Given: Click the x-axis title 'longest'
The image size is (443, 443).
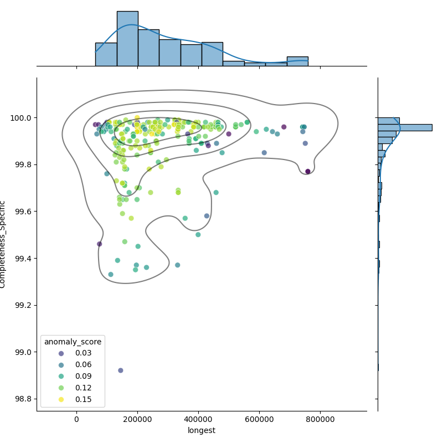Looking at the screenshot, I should (202, 430).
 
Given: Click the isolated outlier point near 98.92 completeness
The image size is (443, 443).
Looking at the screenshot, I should (121, 370).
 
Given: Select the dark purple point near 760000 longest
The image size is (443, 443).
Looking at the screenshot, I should (308, 172).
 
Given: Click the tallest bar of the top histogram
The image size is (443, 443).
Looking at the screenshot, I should (127, 39).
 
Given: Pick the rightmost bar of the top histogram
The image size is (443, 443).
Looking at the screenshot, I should (297, 61).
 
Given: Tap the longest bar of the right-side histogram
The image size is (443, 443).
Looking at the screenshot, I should (405, 127).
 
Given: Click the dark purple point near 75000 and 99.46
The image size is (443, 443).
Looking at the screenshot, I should (100, 244).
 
